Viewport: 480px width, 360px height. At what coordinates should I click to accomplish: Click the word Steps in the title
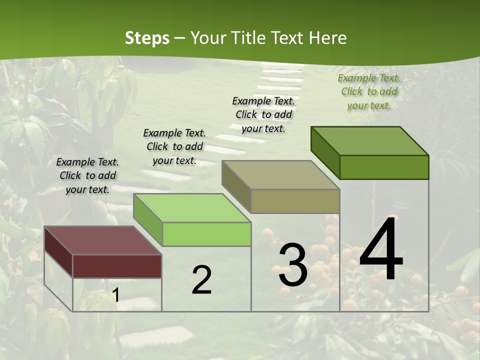(147, 38)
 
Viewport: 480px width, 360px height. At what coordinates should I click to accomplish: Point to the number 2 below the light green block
(201, 280)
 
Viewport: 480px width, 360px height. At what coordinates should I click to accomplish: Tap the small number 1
(116, 295)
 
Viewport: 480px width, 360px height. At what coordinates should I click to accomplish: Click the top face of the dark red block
(102, 240)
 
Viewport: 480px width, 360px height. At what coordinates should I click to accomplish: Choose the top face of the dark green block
(369, 141)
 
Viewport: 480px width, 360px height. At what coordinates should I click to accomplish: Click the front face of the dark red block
(117, 266)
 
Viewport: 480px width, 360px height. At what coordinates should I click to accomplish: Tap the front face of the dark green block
(384, 167)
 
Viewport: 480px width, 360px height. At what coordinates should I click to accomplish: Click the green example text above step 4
(369, 91)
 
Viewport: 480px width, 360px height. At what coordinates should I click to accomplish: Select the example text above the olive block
(263, 114)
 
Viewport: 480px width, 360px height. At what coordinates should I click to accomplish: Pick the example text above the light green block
(174, 146)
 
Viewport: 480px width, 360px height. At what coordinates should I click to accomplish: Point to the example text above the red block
(87, 175)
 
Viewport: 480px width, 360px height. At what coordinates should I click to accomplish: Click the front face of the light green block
(206, 234)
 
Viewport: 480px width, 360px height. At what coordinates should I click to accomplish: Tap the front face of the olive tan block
(295, 201)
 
